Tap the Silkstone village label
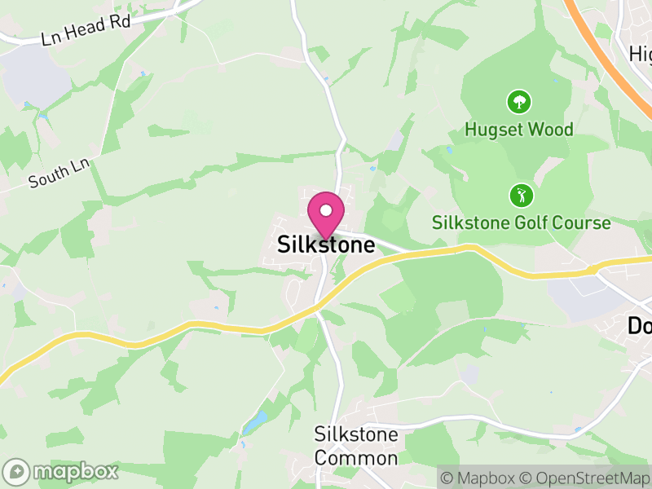coord(326,244)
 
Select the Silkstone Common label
coord(356,446)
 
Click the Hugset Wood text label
coord(519,130)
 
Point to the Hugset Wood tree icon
coord(519,102)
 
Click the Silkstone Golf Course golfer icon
coord(520,196)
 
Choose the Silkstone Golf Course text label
coord(521,223)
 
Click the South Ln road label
coord(58,173)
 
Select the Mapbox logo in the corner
coord(61,471)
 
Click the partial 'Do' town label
coord(640,326)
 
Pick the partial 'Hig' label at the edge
coord(641,54)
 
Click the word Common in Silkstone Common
coord(356,458)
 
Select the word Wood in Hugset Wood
coord(551,130)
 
